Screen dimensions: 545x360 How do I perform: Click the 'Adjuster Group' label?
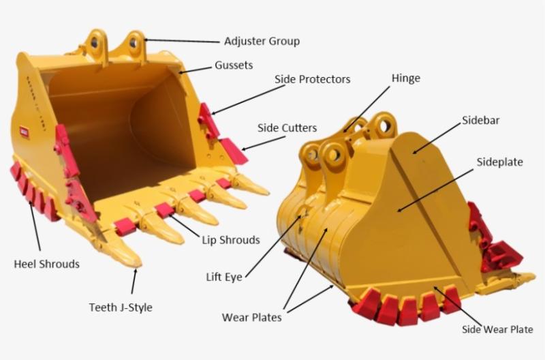click(262, 41)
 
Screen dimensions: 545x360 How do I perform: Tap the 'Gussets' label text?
click(234, 65)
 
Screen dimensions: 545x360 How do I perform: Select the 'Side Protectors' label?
click(312, 79)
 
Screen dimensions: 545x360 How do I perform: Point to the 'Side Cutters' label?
click(287, 128)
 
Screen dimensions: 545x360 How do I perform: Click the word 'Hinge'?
click(405, 78)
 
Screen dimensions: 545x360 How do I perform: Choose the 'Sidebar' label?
click(481, 121)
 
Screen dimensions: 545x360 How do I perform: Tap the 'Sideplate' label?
click(499, 162)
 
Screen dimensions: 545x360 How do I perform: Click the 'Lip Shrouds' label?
click(231, 240)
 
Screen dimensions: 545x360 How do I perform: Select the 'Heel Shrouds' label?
click(46, 264)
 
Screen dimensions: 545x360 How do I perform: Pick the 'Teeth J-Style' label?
click(121, 307)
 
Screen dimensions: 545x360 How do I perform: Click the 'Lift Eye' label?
click(224, 277)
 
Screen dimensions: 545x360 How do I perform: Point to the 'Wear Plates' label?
click(251, 317)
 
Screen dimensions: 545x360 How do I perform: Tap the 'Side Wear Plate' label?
click(497, 329)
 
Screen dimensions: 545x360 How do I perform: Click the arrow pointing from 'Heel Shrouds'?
click(35, 226)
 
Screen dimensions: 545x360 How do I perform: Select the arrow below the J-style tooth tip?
click(134, 281)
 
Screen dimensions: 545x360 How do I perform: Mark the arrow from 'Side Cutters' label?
click(264, 143)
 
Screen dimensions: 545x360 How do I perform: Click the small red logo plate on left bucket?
click(25, 131)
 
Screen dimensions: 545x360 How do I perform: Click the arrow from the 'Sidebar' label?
click(437, 138)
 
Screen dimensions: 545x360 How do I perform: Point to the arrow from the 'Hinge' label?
click(367, 110)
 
